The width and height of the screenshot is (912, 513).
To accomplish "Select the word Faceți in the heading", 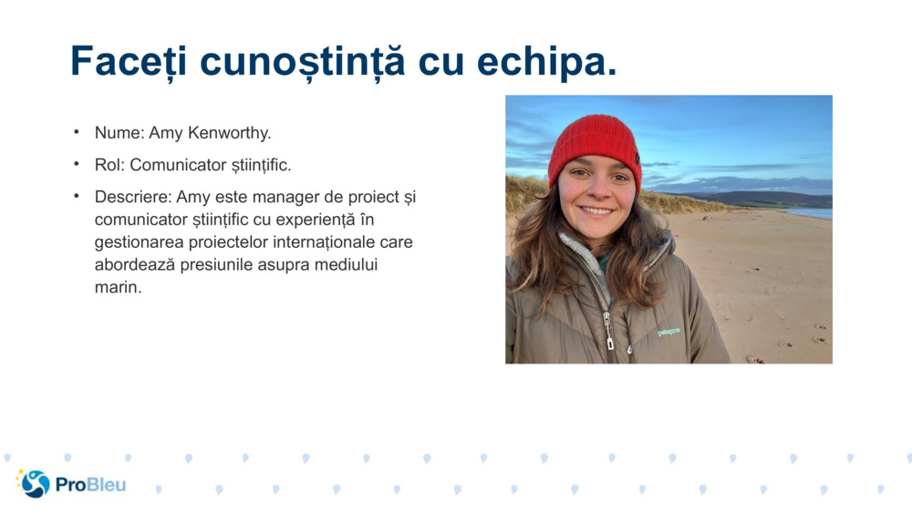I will (x=129, y=62).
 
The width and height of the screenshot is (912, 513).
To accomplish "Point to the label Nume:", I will (x=119, y=133).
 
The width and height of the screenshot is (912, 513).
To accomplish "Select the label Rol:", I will (x=110, y=165).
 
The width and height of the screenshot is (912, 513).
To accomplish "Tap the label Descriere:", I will (x=133, y=197).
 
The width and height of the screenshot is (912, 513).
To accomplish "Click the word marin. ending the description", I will (x=119, y=288).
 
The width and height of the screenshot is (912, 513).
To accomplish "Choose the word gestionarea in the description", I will (x=136, y=242).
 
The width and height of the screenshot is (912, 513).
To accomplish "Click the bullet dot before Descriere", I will (x=78, y=196).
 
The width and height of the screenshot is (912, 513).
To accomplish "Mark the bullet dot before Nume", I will (x=78, y=132).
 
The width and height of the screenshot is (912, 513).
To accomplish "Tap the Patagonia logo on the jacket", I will (x=668, y=332).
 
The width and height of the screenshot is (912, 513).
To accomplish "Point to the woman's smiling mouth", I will (x=596, y=210).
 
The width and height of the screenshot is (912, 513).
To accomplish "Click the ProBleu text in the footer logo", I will (x=90, y=485).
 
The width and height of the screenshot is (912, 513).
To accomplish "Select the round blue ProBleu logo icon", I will (x=35, y=484).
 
